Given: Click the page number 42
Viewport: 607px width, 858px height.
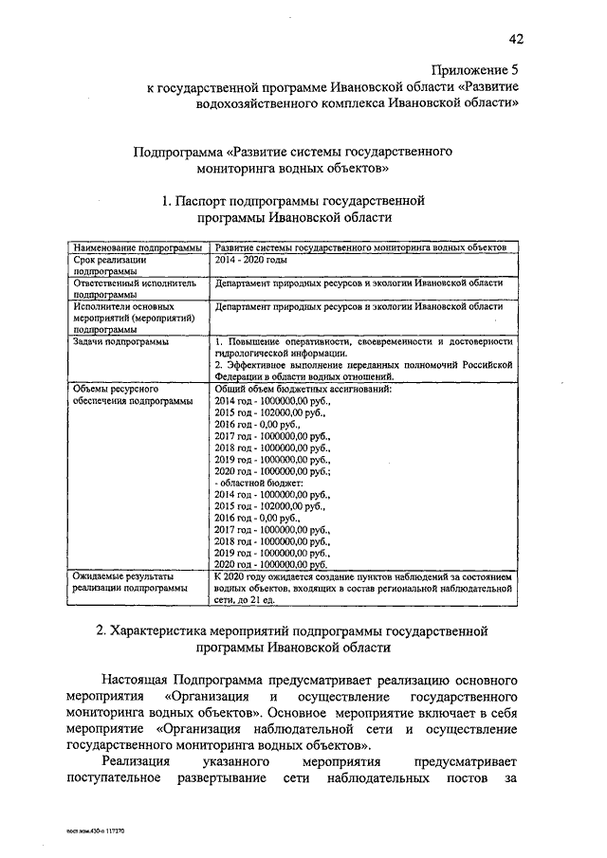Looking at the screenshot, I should click(x=516, y=39).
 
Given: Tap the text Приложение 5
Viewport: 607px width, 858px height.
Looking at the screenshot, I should click(x=475, y=70).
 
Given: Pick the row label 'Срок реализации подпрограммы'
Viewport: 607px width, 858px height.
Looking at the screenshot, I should click(x=110, y=265).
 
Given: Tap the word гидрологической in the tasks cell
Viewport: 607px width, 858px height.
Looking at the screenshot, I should click(x=252, y=353).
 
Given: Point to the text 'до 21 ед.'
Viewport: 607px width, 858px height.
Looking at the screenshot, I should click(x=259, y=600).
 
